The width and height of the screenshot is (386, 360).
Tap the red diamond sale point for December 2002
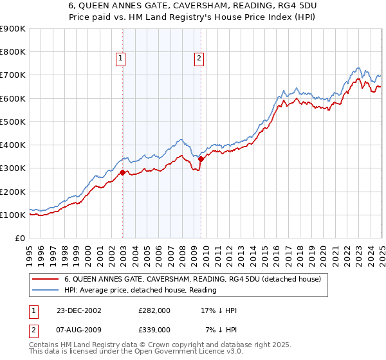click(x=122, y=172)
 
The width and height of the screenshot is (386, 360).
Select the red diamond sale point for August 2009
click(x=201, y=159)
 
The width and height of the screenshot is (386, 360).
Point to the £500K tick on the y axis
click(x=13, y=122)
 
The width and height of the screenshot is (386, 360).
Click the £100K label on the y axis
click(x=13, y=215)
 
